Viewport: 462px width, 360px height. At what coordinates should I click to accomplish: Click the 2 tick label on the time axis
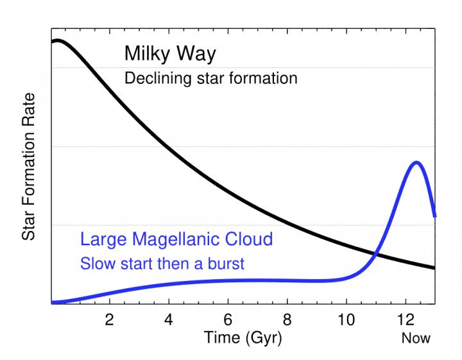point(109,319)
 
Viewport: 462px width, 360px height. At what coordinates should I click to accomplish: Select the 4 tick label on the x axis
point(169,319)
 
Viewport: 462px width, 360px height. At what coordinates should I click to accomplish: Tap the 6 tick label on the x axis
point(228,319)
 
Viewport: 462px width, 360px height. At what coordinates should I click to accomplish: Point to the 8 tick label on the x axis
point(287,319)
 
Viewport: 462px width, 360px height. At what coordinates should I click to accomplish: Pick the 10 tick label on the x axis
point(346,319)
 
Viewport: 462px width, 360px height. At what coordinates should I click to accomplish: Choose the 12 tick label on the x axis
point(406,319)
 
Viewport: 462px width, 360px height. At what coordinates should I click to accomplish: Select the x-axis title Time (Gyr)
point(243,337)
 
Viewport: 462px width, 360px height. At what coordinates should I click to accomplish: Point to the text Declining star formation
point(211,79)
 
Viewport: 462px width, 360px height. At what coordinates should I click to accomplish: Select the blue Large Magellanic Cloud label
point(176,239)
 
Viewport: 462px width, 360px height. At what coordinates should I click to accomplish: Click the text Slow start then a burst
point(162,263)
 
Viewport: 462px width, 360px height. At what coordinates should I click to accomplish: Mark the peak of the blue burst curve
point(416,162)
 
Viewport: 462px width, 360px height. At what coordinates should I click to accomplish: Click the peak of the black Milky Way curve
point(57,40)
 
